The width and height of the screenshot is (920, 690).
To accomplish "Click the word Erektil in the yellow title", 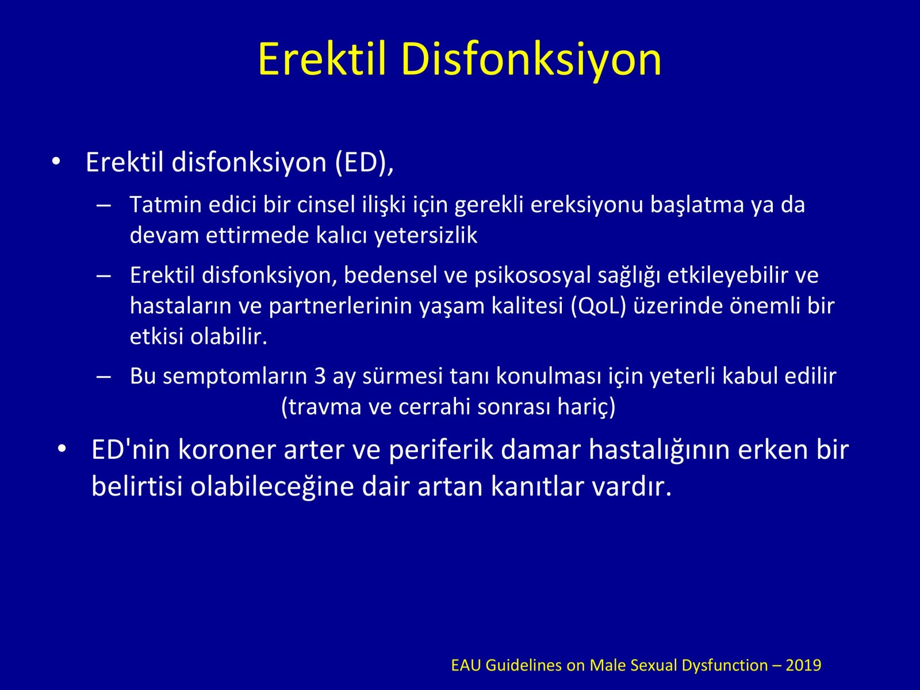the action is [321, 59].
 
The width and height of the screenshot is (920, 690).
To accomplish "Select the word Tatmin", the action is [166, 205].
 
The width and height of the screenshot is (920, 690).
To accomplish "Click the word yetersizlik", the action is [425, 236].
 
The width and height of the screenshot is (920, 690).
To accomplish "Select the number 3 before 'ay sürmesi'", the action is [320, 376].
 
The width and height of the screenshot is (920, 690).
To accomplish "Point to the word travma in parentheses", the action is [321, 407].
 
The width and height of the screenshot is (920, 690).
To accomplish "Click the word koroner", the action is [227, 450].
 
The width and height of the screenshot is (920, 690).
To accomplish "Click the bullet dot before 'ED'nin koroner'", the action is [62, 449].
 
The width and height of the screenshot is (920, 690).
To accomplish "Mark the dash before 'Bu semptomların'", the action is [103, 377].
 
